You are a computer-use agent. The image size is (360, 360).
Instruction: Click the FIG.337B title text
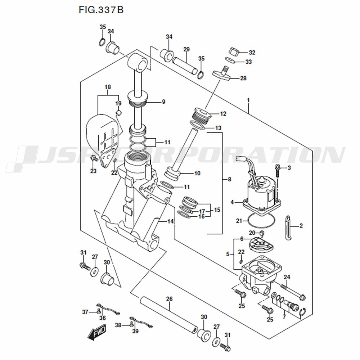(101, 9)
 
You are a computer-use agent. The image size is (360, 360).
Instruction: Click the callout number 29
(186, 49)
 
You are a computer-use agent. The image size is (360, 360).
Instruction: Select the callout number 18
(108, 87)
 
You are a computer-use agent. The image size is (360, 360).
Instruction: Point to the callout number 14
(170, 221)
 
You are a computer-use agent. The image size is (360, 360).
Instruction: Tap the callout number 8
(230, 179)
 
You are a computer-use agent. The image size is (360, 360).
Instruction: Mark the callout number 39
(135, 331)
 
